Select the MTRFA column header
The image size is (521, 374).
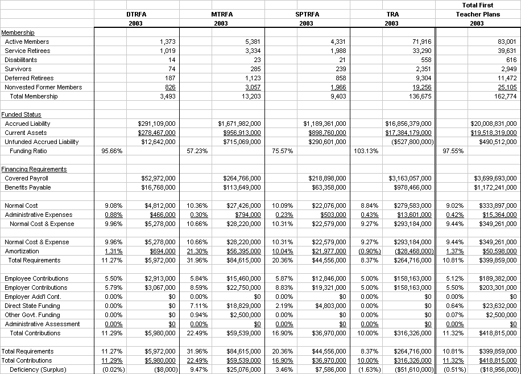click(221, 14)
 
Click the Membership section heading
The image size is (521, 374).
click(18, 32)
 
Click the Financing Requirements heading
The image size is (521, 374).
click(34, 169)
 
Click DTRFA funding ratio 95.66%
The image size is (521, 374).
click(111, 151)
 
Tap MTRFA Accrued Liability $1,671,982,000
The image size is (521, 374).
click(239, 124)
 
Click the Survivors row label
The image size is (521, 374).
click(18, 69)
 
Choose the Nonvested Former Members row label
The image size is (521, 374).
click(43, 87)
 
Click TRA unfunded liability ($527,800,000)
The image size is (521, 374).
click(411, 142)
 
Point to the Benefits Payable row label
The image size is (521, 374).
click(28, 187)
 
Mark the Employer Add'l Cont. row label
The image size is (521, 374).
click(32, 297)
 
